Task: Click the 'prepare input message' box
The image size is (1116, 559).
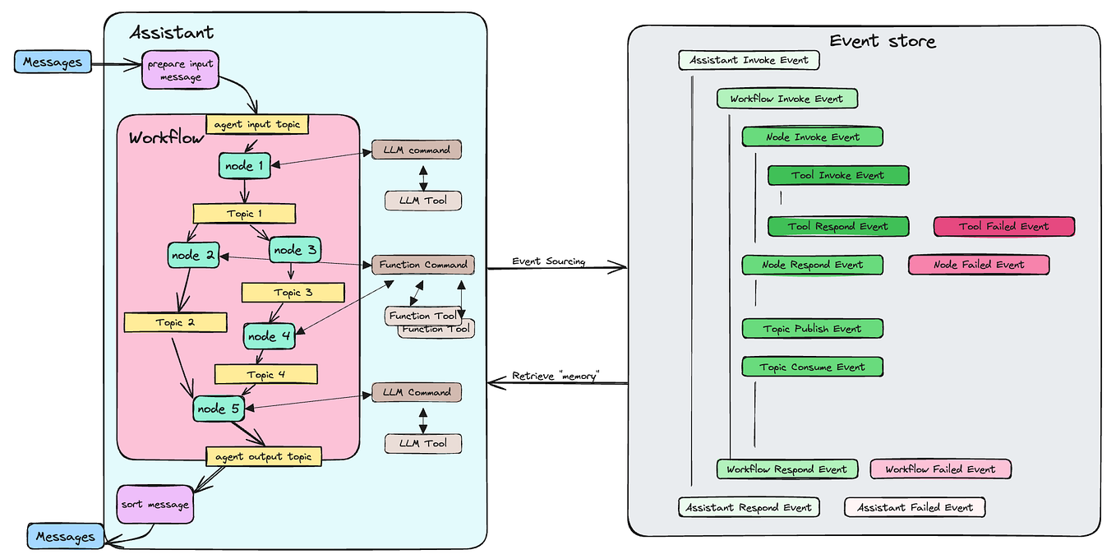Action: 181,70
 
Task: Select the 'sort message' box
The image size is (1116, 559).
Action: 156,504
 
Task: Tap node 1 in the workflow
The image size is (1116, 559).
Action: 245,166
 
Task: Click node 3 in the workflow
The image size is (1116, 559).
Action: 295,249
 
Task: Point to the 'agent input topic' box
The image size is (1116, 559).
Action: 257,125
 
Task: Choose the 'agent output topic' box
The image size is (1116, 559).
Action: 263,456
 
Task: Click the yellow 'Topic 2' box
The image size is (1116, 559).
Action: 175,322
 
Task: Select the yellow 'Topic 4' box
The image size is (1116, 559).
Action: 265,374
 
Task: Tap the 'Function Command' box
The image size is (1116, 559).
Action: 423,265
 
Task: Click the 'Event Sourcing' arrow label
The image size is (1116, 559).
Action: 548,261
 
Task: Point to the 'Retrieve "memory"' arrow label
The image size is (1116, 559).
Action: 556,376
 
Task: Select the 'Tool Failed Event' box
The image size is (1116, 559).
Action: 1003,226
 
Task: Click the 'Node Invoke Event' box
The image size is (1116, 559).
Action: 812,136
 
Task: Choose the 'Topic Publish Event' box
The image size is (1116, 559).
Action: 812,329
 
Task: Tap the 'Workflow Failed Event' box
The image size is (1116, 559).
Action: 940,469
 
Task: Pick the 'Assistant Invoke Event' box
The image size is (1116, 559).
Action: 749,60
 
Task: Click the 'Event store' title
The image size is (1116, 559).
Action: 882,41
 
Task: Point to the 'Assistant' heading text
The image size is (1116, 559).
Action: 172,33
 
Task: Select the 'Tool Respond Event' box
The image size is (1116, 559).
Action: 837,226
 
